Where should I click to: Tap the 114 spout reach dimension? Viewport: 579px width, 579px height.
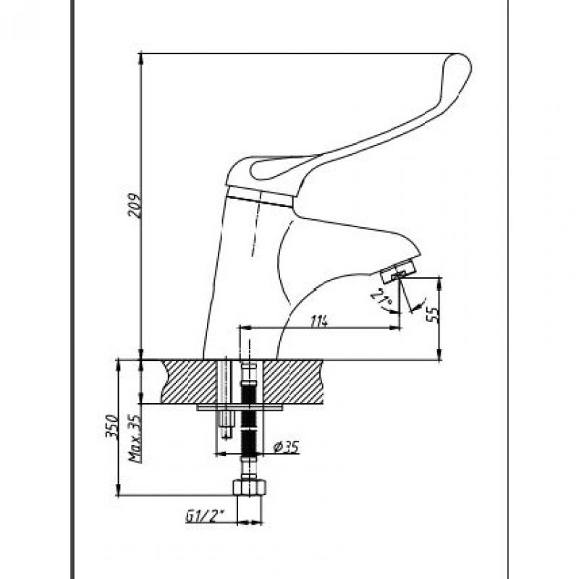318,321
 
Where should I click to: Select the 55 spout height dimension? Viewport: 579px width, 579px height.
434,313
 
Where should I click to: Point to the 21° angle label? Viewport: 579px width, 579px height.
381,299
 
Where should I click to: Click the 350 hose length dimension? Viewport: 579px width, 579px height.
112,426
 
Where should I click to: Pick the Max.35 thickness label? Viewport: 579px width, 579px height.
135,439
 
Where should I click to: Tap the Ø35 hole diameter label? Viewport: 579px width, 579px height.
285,447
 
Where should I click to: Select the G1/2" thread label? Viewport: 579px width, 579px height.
206,516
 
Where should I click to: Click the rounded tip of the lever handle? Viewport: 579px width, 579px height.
460,63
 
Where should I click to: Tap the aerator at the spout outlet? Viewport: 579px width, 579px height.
399,272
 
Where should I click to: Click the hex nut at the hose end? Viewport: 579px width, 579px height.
249,487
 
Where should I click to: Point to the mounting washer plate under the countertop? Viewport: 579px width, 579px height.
239,407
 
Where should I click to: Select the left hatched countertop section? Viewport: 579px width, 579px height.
189,381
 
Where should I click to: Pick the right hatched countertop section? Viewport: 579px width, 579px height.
293,382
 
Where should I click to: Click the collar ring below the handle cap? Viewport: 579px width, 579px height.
260,196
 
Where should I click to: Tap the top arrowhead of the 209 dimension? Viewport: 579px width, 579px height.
141,58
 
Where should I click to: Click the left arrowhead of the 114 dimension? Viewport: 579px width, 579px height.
245,328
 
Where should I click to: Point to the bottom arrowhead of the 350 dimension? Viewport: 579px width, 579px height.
118,491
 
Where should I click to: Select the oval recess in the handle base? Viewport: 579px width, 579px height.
282,169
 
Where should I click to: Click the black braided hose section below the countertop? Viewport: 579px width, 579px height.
249,420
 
